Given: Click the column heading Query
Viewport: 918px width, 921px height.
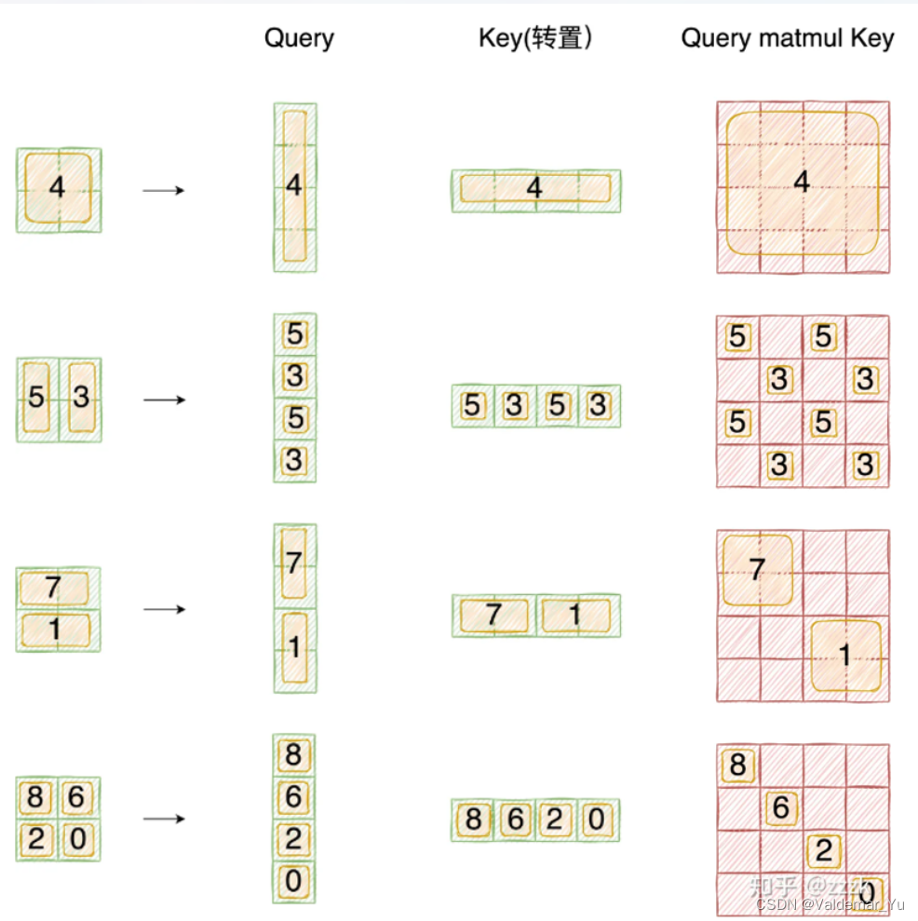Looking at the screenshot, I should (x=299, y=38).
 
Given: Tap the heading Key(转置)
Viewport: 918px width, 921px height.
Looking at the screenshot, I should (x=535, y=38).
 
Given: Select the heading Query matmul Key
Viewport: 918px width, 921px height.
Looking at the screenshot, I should (x=787, y=38).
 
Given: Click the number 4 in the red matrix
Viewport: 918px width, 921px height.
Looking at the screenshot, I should (x=802, y=183).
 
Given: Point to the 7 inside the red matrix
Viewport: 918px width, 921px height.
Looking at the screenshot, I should (x=757, y=569).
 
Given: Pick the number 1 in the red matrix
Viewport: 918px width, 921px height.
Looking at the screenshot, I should (x=844, y=656).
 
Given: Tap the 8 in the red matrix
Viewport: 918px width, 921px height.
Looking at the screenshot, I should (x=737, y=765).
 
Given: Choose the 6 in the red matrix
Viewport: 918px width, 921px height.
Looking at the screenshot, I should (x=780, y=808).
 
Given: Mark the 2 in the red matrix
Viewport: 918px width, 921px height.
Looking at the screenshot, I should (x=823, y=850).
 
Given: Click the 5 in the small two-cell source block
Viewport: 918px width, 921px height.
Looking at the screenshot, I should (x=36, y=398).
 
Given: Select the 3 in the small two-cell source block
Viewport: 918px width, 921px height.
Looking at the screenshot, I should (x=81, y=398).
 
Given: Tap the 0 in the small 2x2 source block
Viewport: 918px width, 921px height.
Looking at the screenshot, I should (x=79, y=840).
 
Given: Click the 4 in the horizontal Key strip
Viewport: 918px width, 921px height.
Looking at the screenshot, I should (x=534, y=189).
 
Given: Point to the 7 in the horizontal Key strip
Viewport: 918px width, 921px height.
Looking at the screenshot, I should (x=493, y=615).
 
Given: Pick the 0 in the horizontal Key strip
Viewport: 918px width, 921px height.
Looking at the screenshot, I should (x=597, y=819).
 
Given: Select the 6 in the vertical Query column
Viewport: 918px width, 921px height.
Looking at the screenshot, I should (x=293, y=797).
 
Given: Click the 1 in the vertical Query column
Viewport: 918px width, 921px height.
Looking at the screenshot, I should (x=294, y=647).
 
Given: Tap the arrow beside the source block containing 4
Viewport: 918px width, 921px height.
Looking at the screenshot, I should (x=163, y=190).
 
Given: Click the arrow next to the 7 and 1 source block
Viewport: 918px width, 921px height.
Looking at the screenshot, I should (x=163, y=609).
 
